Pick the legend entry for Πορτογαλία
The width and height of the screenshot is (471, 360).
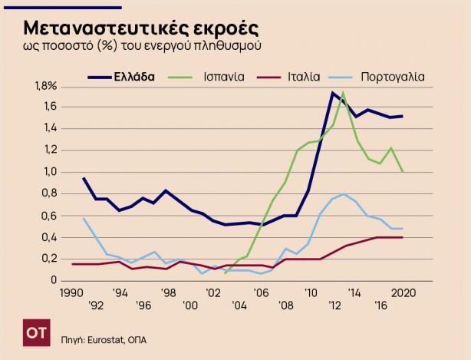(x=392, y=77)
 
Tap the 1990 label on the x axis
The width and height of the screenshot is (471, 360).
(x=72, y=292)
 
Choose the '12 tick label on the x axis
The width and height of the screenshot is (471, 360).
(x=334, y=304)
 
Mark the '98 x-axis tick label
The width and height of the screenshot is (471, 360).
(x=167, y=292)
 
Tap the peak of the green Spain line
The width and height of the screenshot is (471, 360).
(x=343, y=93)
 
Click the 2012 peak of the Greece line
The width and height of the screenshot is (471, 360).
(x=332, y=93)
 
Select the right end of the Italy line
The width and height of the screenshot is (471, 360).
(x=403, y=237)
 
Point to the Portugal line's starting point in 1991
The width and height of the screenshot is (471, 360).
(x=84, y=219)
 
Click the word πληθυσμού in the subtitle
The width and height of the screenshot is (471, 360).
(x=228, y=48)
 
